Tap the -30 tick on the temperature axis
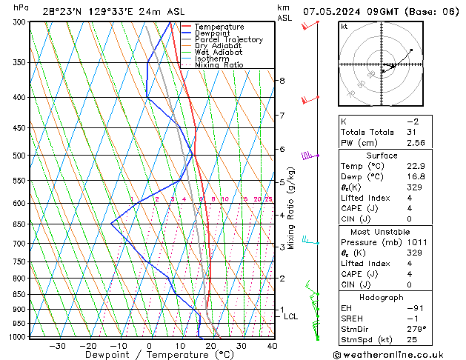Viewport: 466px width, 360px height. click(57, 346)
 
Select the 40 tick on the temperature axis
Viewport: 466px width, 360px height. click(272, 346)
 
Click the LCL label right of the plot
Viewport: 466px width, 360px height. click(291, 316)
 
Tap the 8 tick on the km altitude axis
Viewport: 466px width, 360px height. click(282, 80)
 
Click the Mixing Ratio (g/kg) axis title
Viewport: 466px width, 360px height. click(292, 208)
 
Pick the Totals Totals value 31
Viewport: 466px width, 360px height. click(412, 132)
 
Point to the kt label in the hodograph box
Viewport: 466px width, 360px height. click(344, 26)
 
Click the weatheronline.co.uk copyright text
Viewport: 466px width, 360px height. click(393, 354)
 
